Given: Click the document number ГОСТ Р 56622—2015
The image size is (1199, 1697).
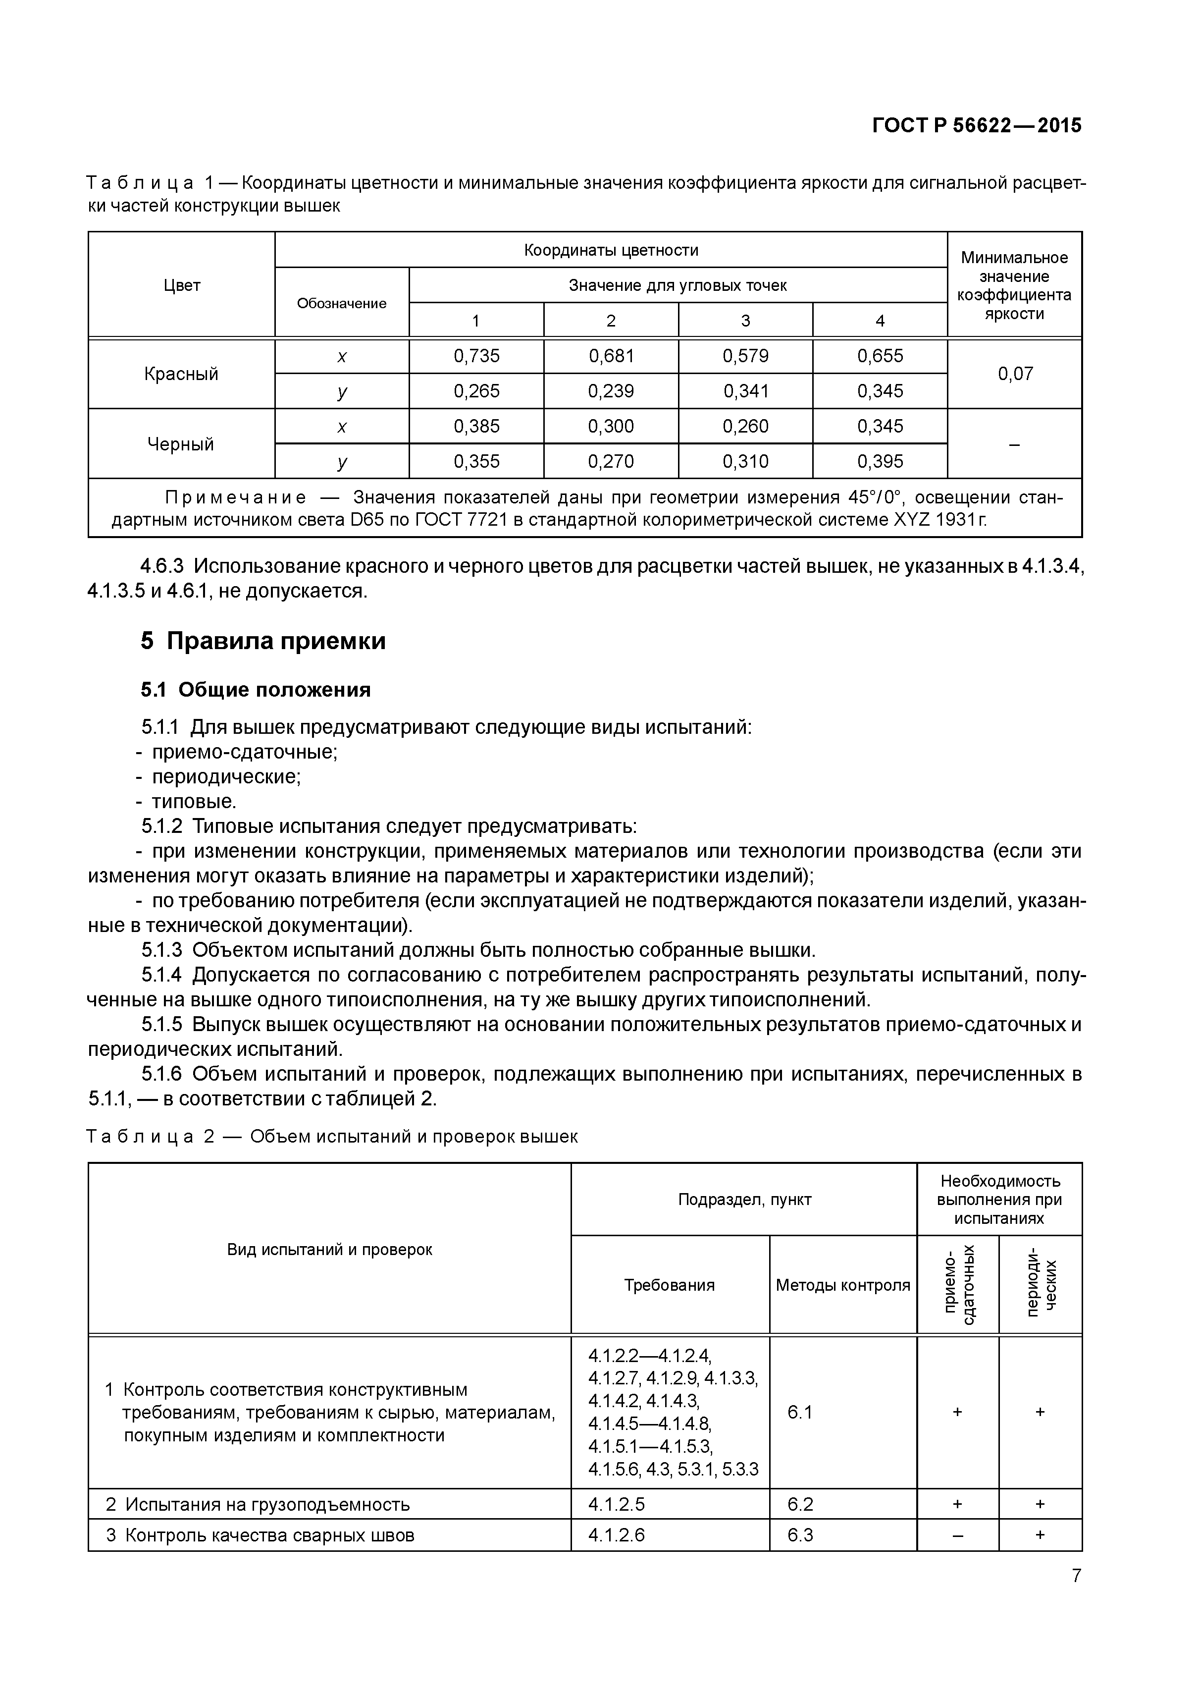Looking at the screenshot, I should click(x=977, y=126).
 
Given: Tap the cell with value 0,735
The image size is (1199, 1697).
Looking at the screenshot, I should click(x=476, y=356).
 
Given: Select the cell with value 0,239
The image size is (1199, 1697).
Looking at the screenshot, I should click(x=611, y=391).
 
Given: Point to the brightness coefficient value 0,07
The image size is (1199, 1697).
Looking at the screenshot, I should click(x=1015, y=374).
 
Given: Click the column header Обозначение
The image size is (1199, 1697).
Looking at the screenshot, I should click(x=341, y=304).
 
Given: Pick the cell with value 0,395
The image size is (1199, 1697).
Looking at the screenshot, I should click(x=880, y=462).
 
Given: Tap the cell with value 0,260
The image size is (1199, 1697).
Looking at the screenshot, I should click(x=745, y=427).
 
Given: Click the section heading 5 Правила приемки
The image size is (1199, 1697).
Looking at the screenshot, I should click(x=263, y=641).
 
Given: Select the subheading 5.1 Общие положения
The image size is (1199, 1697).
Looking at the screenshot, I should click(x=256, y=690).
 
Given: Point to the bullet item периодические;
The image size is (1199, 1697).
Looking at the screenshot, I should click(x=226, y=777).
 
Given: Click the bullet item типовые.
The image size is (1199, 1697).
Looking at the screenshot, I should click(x=194, y=801).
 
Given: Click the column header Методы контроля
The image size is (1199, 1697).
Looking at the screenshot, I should click(x=843, y=1285).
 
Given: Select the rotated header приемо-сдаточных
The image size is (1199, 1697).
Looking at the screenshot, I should click(x=958, y=1285).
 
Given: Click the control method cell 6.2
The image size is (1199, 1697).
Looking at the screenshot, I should click(x=800, y=1504).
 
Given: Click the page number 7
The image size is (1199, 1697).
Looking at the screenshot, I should click(x=1076, y=1576).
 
